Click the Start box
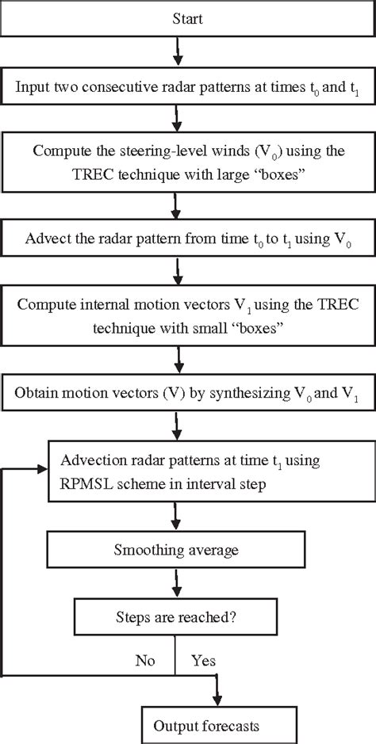[187, 18]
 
